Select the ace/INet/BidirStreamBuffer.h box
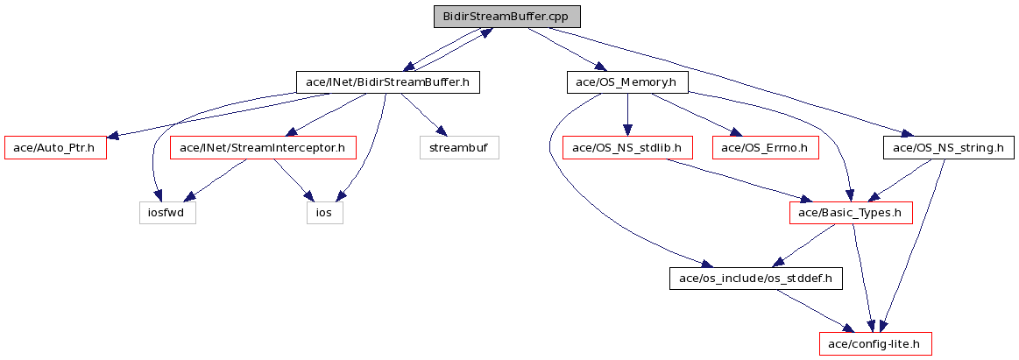388,81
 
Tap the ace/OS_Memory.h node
627,81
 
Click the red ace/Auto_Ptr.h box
55,148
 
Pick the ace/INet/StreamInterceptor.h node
264,148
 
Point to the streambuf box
459,148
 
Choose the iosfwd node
167,213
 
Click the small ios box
325,213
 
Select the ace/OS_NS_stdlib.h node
627,148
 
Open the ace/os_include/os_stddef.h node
756,279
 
